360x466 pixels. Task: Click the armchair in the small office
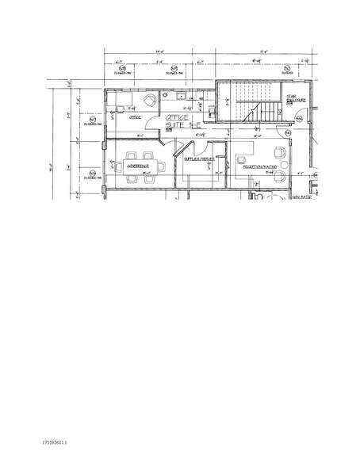tap(148, 101)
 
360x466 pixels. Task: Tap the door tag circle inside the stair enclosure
tap(298, 119)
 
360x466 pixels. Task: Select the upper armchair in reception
tap(280, 154)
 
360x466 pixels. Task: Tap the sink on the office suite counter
tap(182, 96)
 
